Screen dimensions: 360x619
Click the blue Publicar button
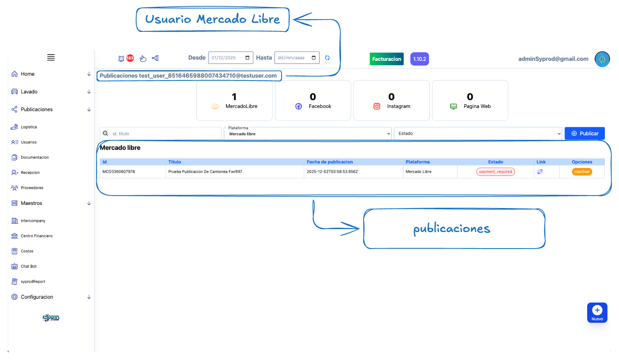coord(584,133)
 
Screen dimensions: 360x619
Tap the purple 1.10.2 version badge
coord(419,59)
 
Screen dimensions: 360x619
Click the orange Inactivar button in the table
coord(582,172)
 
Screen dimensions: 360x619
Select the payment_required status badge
coord(495,172)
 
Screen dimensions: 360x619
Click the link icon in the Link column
coord(540,172)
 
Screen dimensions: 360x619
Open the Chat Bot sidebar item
coord(28,266)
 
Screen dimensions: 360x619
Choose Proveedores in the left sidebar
coord(32,188)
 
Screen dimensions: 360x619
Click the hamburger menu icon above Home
coord(51,57)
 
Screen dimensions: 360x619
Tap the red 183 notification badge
coord(130,58)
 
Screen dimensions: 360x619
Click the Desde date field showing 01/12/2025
coord(230,58)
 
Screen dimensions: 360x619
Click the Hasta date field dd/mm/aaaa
coord(297,58)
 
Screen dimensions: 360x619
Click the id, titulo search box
coord(165,133)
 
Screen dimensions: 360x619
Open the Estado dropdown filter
coord(478,133)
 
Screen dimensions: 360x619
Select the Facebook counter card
coord(313,101)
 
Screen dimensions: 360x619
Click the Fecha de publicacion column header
coord(330,162)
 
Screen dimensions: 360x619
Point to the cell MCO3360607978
coord(119,172)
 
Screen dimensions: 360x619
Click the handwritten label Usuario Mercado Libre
coord(212,19)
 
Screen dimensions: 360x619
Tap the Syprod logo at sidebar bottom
coord(51,318)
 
